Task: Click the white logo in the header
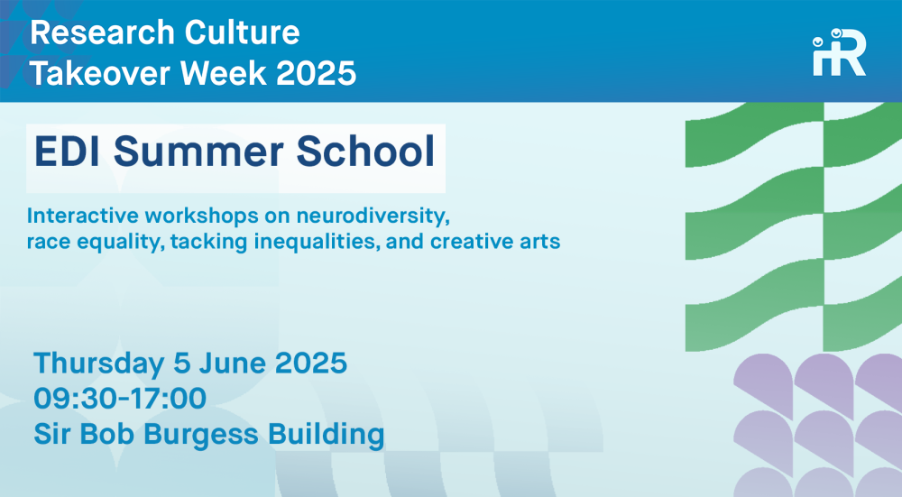[x=839, y=53]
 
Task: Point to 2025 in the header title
[x=317, y=74]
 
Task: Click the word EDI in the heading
[x=69, y=152]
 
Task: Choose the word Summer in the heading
[x=198, y=152]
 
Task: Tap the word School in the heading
[x=365, y=152]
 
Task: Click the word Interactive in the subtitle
[x=83, y=216]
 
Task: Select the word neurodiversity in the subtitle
[x=373, y=216]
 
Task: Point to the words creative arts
[x=495, y=242]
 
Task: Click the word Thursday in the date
[x=99, y=364]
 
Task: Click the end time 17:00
[x=168, y=398]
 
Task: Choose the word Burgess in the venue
[x=201, y=434]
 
